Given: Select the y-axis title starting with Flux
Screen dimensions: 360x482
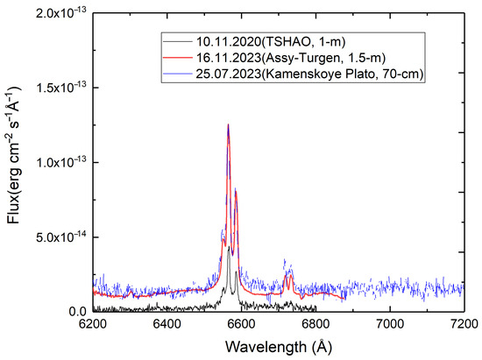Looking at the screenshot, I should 15,162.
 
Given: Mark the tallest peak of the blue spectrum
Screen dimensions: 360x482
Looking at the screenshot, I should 228,124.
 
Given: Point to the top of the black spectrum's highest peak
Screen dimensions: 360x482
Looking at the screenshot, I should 229,247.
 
